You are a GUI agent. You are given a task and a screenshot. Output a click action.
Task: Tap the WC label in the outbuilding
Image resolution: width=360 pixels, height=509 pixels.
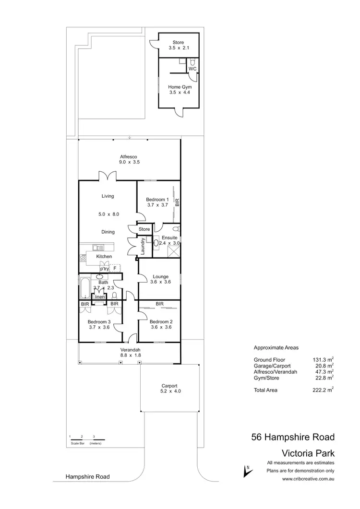(192, 69)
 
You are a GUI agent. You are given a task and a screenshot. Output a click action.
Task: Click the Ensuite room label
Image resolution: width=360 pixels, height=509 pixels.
(169, 237)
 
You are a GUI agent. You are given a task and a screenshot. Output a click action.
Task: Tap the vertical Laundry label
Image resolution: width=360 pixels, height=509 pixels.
(143, 246)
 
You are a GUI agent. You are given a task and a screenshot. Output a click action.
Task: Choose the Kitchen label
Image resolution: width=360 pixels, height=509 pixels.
(104, 257)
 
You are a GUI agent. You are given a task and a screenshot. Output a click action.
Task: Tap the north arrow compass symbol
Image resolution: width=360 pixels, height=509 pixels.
(248, 471)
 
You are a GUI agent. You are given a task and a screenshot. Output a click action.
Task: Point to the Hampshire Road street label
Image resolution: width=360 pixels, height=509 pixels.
(88, 477)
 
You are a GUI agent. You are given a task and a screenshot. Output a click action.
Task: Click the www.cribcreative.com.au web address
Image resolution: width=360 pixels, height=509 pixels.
(308, 478)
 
